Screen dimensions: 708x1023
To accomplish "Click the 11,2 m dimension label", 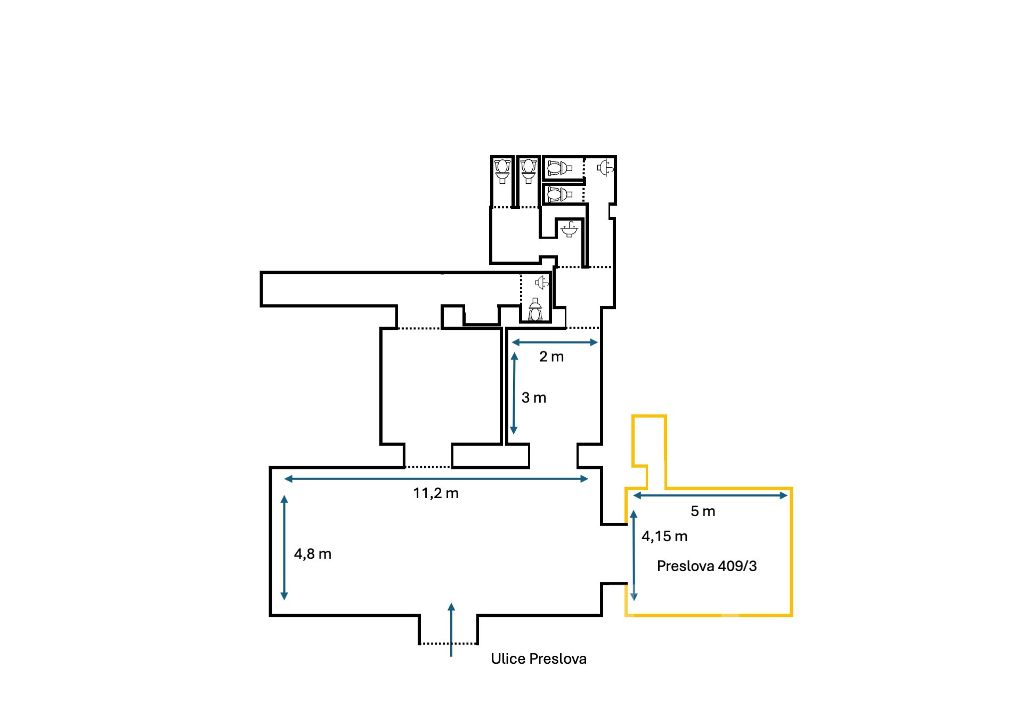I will (435, 493).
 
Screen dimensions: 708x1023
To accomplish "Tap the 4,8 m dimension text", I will (313, 554).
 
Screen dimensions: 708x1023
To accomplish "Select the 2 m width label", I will (551, 357).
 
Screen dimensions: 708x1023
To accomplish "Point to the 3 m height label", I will (533, 398).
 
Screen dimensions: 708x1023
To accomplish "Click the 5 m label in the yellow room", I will (702, 511).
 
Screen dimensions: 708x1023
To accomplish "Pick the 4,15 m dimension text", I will (664, 536).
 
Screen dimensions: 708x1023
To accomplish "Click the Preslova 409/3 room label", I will (707, 566).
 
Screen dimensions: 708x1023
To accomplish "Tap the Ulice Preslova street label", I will (538, 659).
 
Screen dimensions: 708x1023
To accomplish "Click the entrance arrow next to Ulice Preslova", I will (451, 629).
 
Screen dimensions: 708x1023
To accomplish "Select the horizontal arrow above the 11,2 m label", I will (436, 479).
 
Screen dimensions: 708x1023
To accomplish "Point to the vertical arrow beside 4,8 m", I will (285, 548).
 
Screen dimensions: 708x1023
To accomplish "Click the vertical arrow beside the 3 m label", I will (514, 393).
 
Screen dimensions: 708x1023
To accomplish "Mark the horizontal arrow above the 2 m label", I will (554, 343).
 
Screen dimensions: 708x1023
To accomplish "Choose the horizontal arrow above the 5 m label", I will (710, 495).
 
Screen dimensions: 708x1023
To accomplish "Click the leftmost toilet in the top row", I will (502, 171).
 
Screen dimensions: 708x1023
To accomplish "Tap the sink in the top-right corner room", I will (605, 168).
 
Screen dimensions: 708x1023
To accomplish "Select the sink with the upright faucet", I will (570, 230).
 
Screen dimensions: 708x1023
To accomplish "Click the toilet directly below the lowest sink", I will (535, 310).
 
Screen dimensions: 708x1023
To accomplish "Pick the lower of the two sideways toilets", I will (559, 195).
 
